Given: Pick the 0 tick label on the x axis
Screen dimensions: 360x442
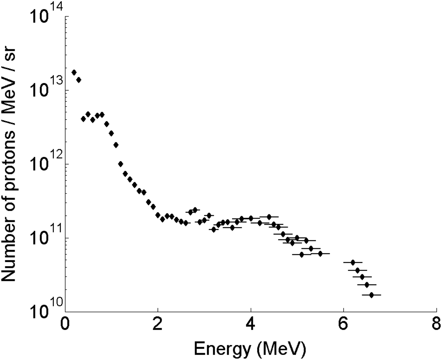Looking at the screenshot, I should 65,325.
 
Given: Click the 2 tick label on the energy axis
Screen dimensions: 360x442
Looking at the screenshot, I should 158,325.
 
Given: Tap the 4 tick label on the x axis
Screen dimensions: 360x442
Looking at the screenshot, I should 251,325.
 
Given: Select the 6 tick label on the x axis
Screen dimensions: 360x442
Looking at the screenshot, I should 343,325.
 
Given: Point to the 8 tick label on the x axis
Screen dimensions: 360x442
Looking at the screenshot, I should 436,325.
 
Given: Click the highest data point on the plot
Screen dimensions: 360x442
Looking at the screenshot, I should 74,72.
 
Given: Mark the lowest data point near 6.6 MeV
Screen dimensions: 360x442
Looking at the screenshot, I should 371,295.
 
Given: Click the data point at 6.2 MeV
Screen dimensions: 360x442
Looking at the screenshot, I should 353,262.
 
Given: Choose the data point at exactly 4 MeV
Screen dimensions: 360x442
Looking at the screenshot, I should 251,218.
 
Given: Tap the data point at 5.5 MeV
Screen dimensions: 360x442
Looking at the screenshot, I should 320,253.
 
